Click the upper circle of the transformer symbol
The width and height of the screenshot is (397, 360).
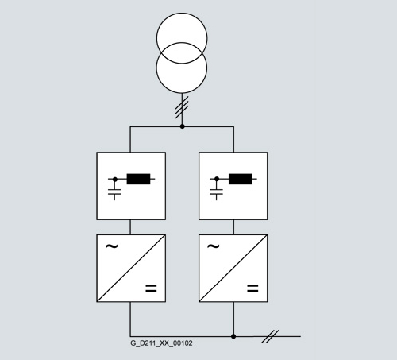(182, 13)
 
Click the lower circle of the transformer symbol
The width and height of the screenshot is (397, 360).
(182, 93)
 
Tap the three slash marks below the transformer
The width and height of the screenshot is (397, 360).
(182, 107)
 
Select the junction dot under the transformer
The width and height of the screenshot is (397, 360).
(182, 126)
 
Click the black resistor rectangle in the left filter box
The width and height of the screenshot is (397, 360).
(138, 179)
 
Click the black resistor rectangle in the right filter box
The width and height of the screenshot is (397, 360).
(241, 179)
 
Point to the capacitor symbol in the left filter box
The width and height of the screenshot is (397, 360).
(114, 192)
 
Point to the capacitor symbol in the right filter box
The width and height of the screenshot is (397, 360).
(217, 192)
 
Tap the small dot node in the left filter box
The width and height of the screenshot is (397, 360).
(115, 180)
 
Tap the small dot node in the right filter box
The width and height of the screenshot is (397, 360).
(217, 179)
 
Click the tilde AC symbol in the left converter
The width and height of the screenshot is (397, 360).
(111, 246)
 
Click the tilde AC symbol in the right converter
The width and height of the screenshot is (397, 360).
(214, 246)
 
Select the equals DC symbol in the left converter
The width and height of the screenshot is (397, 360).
(151, 288)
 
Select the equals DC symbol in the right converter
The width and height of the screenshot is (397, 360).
(252, 288)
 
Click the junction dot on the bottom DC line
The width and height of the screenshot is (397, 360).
(233, 336)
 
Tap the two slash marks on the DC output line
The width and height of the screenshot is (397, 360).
(270, 337)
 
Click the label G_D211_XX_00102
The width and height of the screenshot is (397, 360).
(161, 343)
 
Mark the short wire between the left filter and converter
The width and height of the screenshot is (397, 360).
(130, 227)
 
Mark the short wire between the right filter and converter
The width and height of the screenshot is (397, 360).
(233, 227)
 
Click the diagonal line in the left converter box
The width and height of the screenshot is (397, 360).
(131, 268)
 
